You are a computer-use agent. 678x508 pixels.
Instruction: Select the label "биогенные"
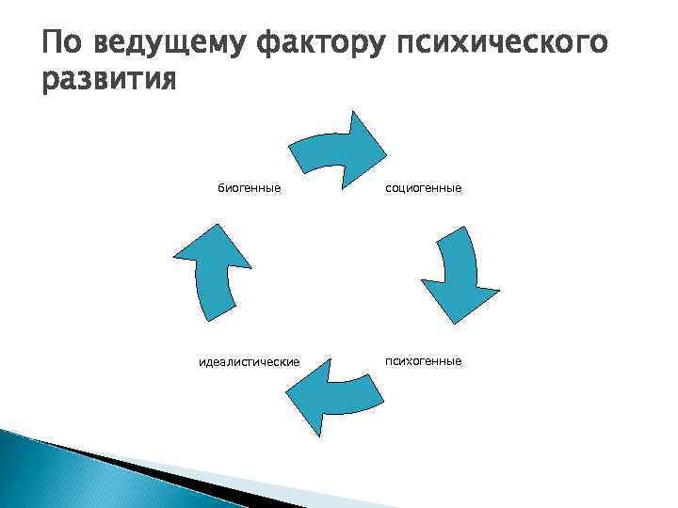point(250,188)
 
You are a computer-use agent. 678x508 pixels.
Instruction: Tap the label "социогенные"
point(423,188)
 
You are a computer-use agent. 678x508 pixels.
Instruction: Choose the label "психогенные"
point(423,360)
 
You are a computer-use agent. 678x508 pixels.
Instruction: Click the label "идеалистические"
point(250,362)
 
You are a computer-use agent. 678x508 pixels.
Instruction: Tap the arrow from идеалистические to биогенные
point(213,273)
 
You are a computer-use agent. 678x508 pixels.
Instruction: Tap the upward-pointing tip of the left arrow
point(218,226)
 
